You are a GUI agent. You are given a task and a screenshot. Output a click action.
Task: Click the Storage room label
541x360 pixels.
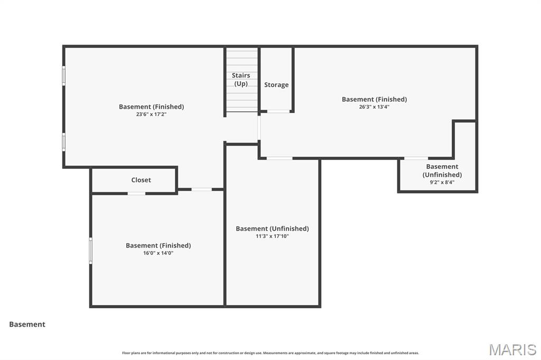coord(276,84)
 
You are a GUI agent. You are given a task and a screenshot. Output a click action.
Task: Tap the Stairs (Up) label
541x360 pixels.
coord(241,79)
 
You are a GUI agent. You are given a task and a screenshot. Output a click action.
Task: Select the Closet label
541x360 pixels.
coord(141,180)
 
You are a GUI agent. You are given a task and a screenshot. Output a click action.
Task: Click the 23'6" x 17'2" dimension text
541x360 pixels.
coord(151,114)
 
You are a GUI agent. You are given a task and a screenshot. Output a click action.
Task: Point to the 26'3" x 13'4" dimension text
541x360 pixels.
coord(374,107)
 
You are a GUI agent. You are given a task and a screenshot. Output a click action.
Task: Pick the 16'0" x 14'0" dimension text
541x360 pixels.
coord(158,253)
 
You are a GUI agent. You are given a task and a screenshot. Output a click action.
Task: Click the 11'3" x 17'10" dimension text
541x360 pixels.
coord(272,236)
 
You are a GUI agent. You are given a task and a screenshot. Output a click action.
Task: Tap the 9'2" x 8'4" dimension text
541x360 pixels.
coord(442,182)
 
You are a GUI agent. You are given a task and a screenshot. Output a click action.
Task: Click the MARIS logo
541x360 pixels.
coord(512,349)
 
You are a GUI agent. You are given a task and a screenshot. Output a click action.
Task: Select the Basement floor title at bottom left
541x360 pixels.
coord(27,325)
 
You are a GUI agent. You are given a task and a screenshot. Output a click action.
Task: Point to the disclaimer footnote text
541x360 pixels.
coord(270,353)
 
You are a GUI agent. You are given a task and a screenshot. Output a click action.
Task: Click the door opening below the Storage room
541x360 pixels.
coord(278,111)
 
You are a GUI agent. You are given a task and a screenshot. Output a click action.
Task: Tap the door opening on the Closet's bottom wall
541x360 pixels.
coord(136,193)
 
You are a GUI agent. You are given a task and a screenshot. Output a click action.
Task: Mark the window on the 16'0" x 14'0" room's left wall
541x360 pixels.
coord(91,250)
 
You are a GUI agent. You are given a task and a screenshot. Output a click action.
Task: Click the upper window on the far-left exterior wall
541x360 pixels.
coord(64,75)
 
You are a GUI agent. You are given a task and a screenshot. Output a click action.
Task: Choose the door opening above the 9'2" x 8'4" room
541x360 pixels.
coord(416,158)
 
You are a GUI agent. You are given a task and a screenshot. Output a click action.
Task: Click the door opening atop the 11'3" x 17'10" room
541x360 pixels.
coord(279,158)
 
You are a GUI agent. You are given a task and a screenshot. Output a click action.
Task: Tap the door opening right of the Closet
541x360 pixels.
coord(201,189)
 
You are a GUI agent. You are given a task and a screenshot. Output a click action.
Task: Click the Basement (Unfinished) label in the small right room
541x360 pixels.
coord(442,170)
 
